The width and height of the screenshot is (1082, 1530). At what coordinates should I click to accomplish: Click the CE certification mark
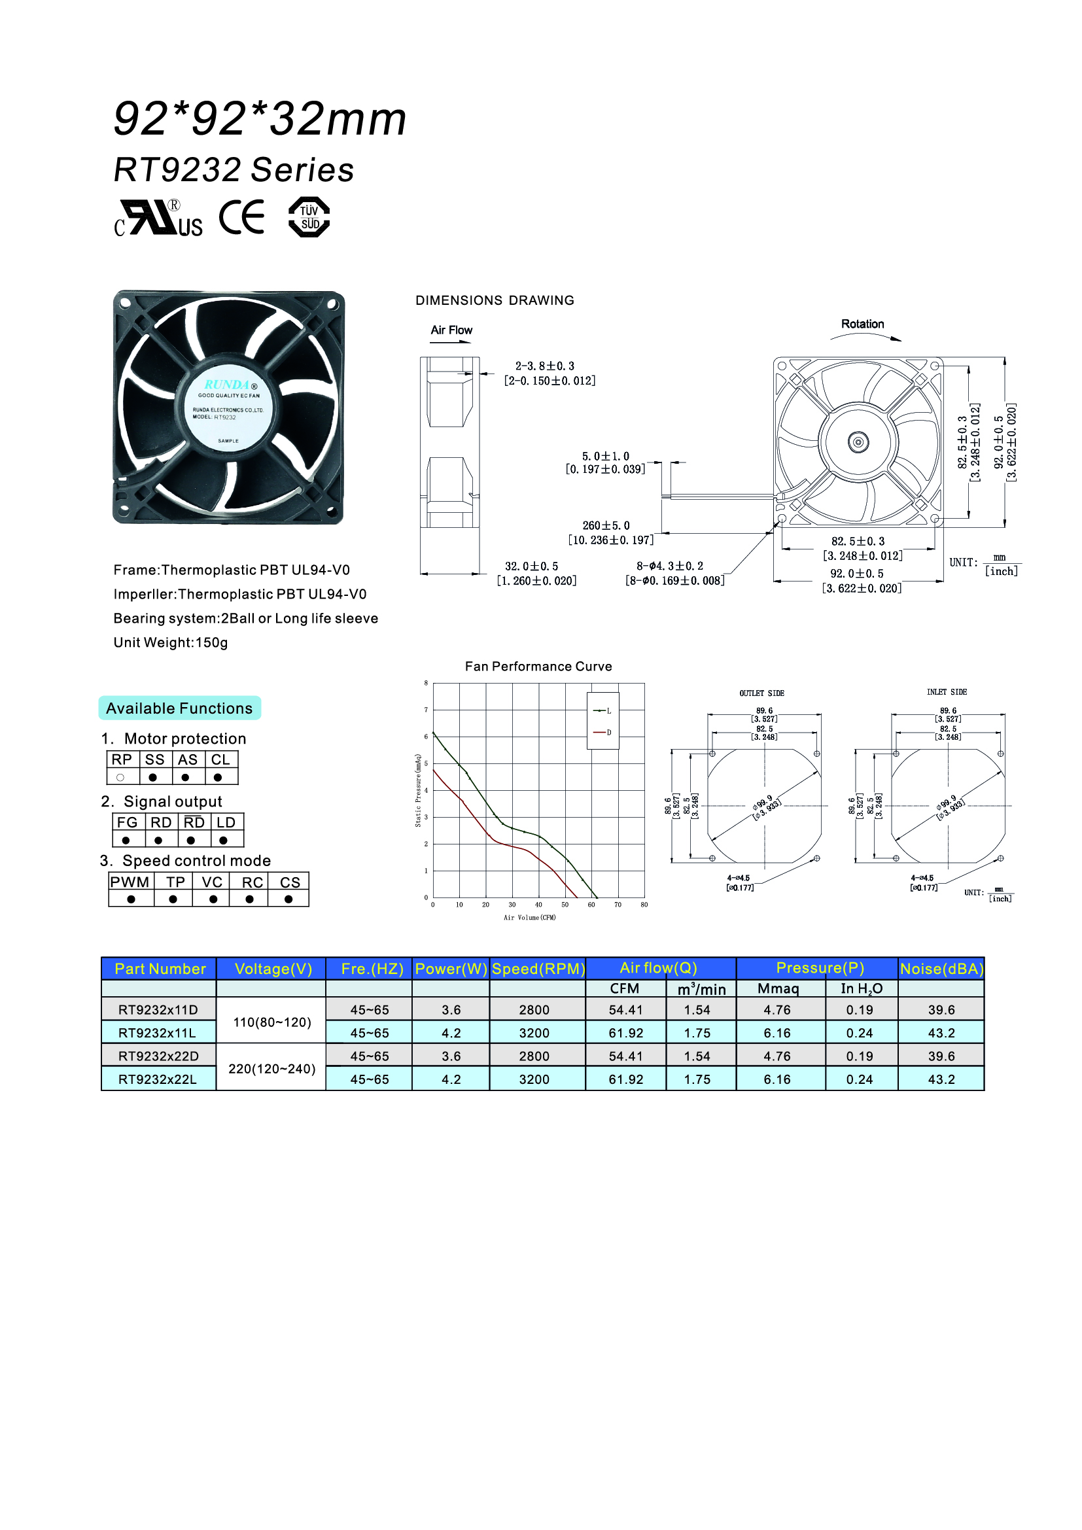pyautogui.click(x=241, y=217)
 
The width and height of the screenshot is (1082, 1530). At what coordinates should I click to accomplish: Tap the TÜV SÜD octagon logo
pyautogui.click(x=309, y=217)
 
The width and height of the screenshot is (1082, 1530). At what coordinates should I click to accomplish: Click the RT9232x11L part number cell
pyautogui.click(x=158, y=1033)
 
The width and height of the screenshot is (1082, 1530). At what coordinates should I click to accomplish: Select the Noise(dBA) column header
pyautogui.click(x=941, y=969)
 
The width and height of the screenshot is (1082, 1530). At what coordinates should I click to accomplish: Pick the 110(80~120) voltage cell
pyautogui.click(x=272, y=1022)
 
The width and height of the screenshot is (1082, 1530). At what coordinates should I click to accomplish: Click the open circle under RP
pyautogui.click(x=120, y=778)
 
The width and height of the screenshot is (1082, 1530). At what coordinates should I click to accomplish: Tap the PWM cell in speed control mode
pyautogui.click(x=130, y=882)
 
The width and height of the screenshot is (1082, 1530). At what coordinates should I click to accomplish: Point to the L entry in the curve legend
pyautogui.click(x=603, y=711)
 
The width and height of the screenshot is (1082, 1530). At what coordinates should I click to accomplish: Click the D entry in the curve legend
pyautogui.click(x=603, y=733)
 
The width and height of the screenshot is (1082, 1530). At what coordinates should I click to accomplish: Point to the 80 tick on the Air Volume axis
pyautogui.click(x=644, y=905)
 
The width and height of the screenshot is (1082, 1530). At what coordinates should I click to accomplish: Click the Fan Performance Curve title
pyautogui.click(x=538, y=667)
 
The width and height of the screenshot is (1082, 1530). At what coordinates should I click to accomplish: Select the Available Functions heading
pyautogui.click(x=179, y=708)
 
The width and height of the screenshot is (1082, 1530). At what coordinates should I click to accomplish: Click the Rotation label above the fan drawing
pyautogui.click(x=862, y=324)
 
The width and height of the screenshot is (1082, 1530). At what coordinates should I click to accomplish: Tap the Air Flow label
pyautogui.click(x=451, y=330)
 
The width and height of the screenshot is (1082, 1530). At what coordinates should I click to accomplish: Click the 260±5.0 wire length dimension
pyautogui.click(x=606, y=526)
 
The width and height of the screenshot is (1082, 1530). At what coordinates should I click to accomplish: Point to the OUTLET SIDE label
pyautogui.click(x=761, y=693)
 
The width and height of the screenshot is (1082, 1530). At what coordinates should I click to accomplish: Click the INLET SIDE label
pyautogui.click(x=946, y=692)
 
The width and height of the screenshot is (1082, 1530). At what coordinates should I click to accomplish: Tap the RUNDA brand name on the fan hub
pyautogui.click(x=226, y=385)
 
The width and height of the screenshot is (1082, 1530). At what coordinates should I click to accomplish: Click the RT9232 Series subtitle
pyautogui.click(x=234, y=170)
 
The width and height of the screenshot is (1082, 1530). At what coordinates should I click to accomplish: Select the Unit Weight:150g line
pyautogui.click(x=171, y=643)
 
